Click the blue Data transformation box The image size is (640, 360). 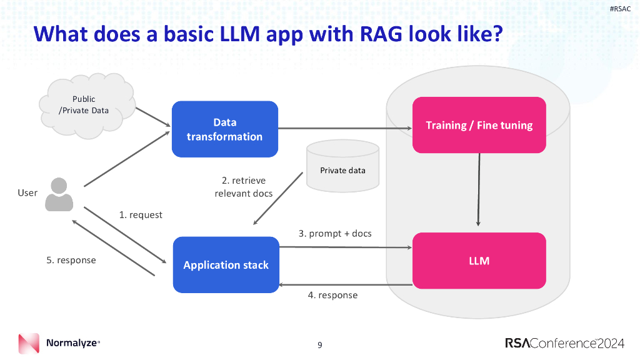(x=224, y=129)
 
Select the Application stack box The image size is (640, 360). (x=226, y=264)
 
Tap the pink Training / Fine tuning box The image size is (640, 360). (x=479, y=125)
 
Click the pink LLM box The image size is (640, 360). (x=479, y=261)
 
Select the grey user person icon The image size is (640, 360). (x=59, y=194)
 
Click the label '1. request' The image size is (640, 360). (x=141, y=215)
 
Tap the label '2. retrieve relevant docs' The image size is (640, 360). (x=244, y=187)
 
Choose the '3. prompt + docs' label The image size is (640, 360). (x=335, y=233)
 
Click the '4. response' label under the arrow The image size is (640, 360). (x=332, y=295)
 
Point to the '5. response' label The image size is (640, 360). (x=71, y=260)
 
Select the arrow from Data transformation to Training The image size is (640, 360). (x=344, y=129)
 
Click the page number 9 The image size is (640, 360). (x=320, y=345)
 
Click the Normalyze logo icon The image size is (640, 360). (x=29, y=344)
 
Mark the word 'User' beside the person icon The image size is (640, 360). (x=27, y=192)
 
